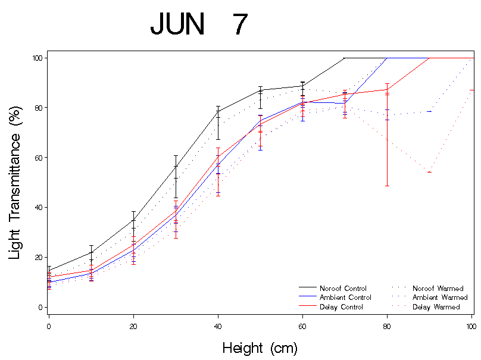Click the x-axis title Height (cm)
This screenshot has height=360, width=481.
[260, 348]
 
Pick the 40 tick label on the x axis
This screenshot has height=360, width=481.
[218, 326]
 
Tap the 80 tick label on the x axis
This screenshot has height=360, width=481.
[387, 326]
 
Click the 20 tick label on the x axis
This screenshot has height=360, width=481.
[133, 326]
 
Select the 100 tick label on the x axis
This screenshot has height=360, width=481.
[470, 326]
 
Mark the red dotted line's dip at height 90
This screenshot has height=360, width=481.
[429, 172]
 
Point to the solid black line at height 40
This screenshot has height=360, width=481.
[218, 111]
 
